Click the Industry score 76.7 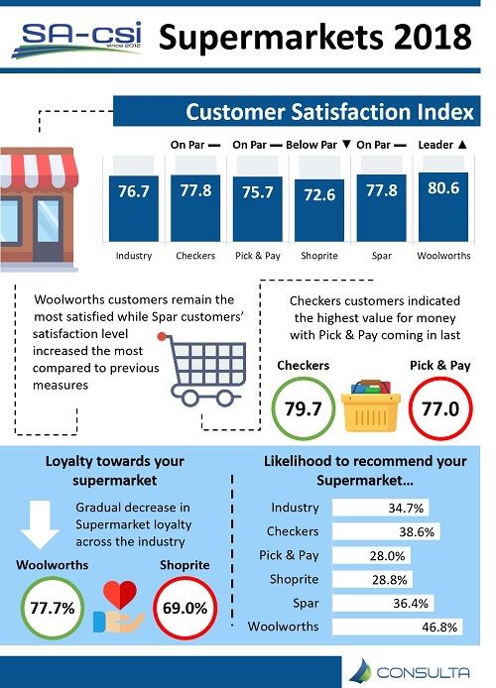point(133,191)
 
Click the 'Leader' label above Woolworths point(440,145)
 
